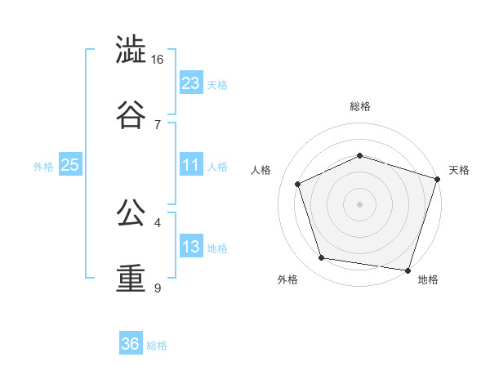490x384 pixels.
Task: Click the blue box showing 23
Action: (191, 83)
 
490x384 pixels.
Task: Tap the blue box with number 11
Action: (191, 166)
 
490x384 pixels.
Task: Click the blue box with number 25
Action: (70, 166)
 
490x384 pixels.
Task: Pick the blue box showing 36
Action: (131, 344)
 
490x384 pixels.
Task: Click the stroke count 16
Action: (158, 60)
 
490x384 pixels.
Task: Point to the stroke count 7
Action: (158, 124)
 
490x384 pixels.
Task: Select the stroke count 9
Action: (158, 288)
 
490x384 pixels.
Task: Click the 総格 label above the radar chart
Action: (360, 106)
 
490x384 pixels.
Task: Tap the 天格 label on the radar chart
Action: (459, 170)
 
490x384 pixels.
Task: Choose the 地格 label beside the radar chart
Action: (428, 280)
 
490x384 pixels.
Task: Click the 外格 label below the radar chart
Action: (287, 280)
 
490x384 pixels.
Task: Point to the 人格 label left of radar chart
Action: (261, 170)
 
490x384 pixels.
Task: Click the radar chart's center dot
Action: (360, 203)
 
